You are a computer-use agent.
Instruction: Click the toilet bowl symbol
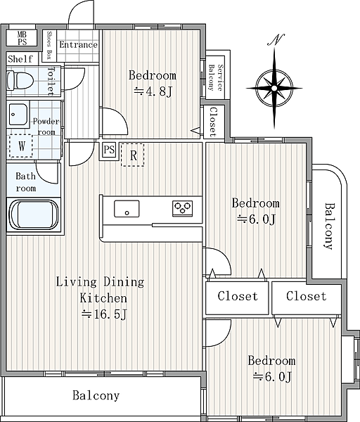(20, 80)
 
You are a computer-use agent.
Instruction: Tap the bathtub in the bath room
(34, 215)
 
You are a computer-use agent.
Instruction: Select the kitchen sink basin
(127, 209)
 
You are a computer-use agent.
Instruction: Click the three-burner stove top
(183, 208)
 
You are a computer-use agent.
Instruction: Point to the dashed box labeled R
(133, 155)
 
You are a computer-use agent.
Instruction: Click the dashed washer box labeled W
(21, 146)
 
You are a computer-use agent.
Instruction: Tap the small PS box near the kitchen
(109, 149)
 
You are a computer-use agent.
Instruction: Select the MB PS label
(22, 38)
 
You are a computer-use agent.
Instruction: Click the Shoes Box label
(49, 45)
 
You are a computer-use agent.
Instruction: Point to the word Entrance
(78, 45)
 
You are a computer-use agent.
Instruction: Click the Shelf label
(20, 58)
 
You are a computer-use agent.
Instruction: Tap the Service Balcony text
(216, 77)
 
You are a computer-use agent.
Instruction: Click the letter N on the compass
(276, 40)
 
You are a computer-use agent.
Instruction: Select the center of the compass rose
(274, 88)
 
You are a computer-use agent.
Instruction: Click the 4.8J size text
(153, 91)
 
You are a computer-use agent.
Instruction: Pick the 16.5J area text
(104, 314)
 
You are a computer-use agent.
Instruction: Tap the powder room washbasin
(18, 115)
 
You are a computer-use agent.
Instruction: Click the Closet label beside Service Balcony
(213, 122)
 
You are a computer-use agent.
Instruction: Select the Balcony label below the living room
(96, 395)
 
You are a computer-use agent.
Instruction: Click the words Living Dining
(100, 282)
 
